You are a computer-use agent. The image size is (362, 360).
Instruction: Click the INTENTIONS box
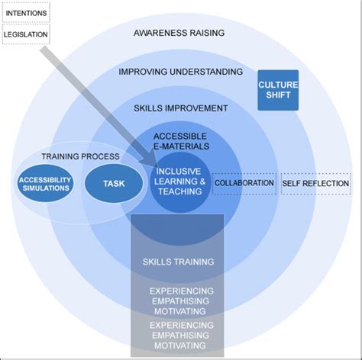(26, 12)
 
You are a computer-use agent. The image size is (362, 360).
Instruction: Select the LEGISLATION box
(26, 34)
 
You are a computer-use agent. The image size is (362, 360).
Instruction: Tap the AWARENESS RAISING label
(179, 33)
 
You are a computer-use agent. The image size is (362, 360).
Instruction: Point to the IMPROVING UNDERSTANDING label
(181, 72)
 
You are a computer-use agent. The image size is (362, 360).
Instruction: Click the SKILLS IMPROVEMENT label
(181, 108)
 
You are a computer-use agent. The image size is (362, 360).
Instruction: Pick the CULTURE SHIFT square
(278, 90)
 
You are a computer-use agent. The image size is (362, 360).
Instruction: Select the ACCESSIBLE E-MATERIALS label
(181, 141)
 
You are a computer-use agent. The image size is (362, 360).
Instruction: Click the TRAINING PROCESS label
(80, 156)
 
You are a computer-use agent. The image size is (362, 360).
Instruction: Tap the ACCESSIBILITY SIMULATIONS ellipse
(46, 184)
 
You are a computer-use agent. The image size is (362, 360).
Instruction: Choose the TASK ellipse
(114, 184)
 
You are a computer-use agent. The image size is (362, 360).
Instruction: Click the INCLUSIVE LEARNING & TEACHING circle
(180, 182)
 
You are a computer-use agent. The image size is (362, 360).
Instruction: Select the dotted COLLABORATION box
(244, 184)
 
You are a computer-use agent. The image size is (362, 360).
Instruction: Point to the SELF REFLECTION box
(315, 184)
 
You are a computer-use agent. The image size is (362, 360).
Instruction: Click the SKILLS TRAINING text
(178, 262)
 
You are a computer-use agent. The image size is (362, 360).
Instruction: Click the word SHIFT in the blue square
(278, 95)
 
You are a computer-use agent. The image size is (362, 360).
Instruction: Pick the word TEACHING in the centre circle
(180, 191)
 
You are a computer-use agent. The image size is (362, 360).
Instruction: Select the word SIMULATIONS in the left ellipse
(46, 188)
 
